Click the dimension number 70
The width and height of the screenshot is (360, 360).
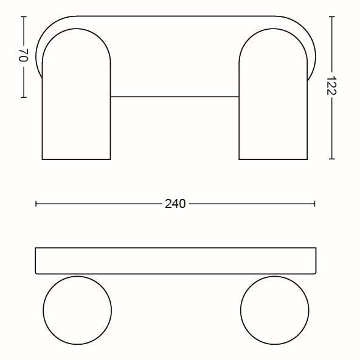[x=23, y=55]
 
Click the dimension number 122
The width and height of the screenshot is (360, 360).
[x=331, y=85]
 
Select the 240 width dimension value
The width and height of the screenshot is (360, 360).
[x=175, y=204]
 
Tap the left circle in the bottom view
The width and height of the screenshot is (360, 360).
[x=43, y=310]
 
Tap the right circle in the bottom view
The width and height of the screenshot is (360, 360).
[x=240, y=310]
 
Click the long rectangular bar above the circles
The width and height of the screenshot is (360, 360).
[x=176, y=248]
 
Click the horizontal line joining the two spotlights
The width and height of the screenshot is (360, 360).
[x=175, y=97]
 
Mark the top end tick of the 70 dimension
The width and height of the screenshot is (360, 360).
[x=24, y=16]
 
